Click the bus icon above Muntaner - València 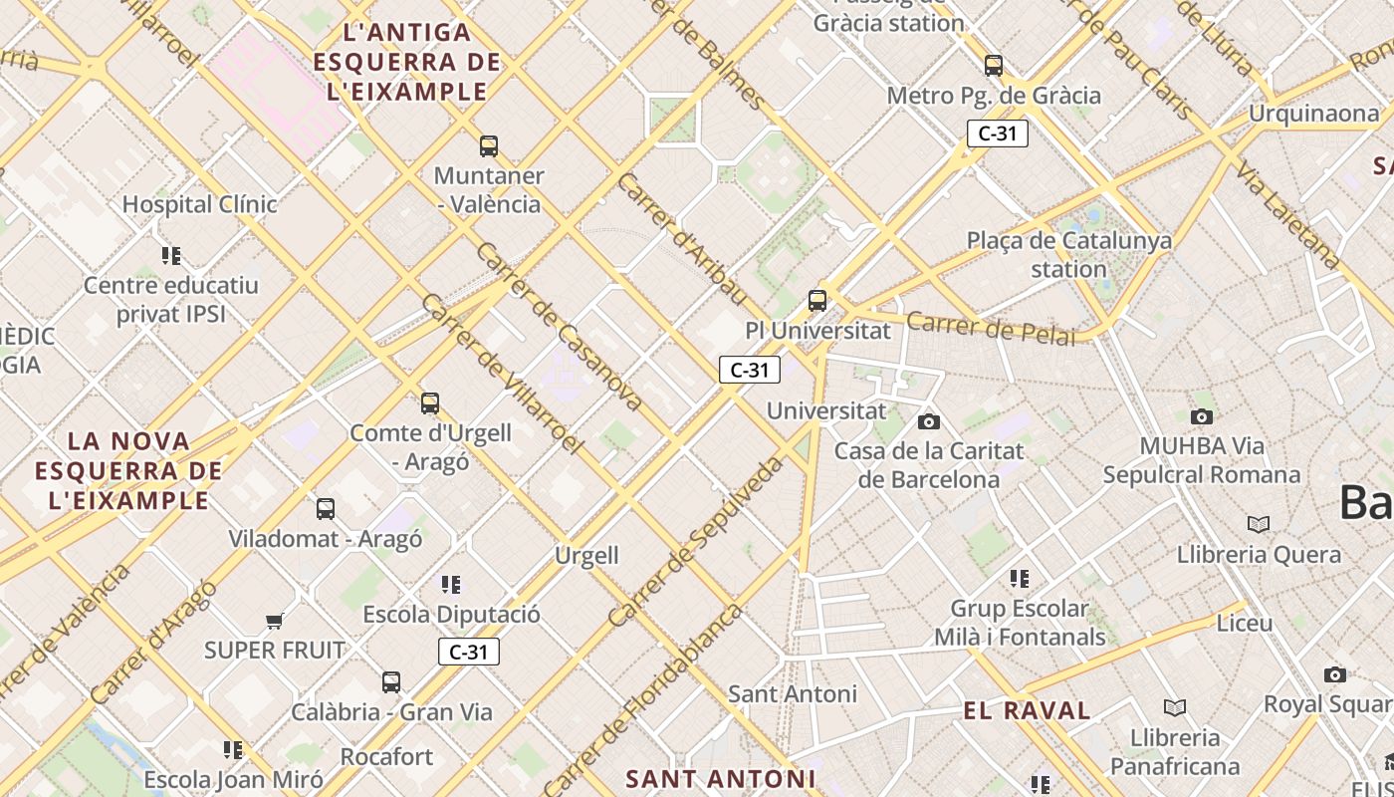click(x=488, y=146)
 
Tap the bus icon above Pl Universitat click(x=817, y=300)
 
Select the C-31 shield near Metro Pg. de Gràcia click(x=997, y=133)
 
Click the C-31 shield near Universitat click(x=749, y=371)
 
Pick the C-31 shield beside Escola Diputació click(x=468, y=653)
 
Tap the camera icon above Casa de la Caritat click(x=928, y=422)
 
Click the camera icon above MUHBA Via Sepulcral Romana click(x=1202, y=417)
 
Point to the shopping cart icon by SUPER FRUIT click(x=274, y=622)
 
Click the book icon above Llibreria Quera click(x=1259, y=524)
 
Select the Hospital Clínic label click(x=199, y=204)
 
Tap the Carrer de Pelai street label click(x=992, y=328)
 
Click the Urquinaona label click(x=1313, y=114)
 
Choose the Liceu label click(x=1245, y=624)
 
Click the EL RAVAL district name click(x=1027, y=710)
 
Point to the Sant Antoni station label click(x=793, y=693)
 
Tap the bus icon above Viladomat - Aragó click(x=326, y=509)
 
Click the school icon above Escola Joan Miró click(x=233, y=749)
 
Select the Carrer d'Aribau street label click(x=681, y=239)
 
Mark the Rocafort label click(x=386, y=757)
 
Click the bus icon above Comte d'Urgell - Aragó click(x=430, y=403)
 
